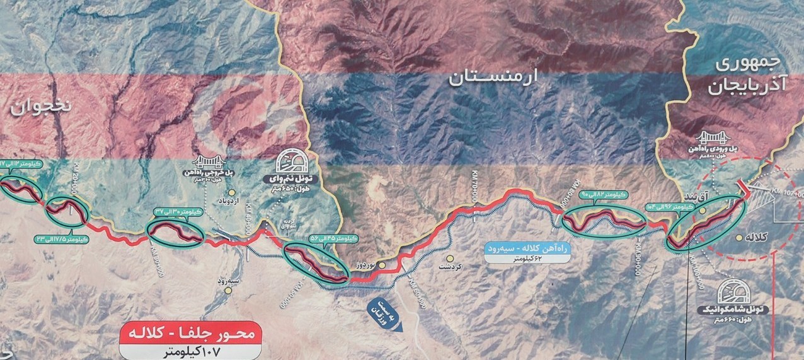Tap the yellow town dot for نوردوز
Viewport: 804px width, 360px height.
click(x=382, y=265)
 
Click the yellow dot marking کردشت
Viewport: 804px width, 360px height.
click(x=450, y=258)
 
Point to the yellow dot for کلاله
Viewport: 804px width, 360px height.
click(x=739, y=238)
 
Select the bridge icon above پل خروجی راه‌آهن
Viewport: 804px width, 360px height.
click(x=207, y=162)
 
